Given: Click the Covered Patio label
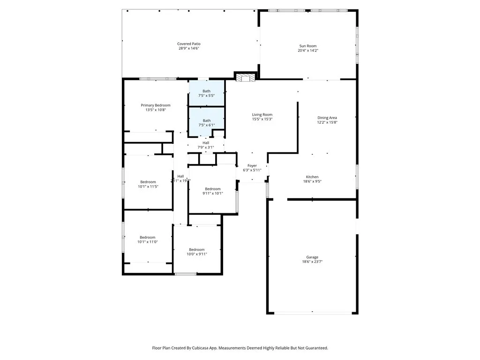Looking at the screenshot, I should [189, 44].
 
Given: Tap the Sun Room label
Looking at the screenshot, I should [308, 46].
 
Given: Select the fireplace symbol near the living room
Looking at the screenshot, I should [244, 77].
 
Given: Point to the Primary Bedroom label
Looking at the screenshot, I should [156, 105].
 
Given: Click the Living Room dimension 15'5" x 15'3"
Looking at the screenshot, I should [262, 119].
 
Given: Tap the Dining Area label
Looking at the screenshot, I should [327, 118].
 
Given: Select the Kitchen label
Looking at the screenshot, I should [312, 177].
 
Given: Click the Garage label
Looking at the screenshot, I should [312, 257].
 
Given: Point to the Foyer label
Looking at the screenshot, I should [252, 165].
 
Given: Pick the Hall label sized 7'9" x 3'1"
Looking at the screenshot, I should [206, 143].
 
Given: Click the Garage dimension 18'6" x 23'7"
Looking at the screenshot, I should [312, 262].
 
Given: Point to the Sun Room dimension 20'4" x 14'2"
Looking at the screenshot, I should [308, 51].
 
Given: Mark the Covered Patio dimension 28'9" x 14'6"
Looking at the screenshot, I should [189, 48].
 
